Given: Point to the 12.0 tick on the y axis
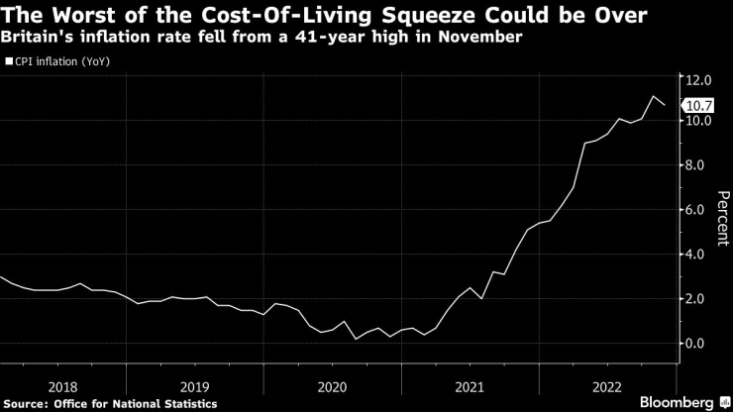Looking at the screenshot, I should click(698, 77).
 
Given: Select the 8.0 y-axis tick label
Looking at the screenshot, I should click(698, 165).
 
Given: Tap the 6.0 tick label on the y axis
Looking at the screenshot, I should click(698, 210).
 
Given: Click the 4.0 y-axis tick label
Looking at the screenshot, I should click(698, 255).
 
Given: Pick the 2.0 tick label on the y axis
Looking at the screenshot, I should click(698, 299).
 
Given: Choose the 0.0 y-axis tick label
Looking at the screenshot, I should click(698, 344).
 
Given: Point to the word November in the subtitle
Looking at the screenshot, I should click(484, 38).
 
